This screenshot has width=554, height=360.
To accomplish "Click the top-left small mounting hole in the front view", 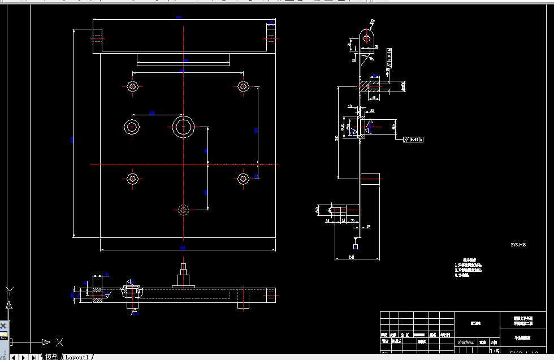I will pyautogui.click(x=132, y=86).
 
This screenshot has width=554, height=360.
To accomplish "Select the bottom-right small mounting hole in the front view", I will pyautogui.click(x=243, y=179).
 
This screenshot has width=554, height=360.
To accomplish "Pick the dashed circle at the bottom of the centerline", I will pyautogui.click(x=183, y=210).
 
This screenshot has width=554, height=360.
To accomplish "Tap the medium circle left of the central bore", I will pyautogui.click(x=132, y=127).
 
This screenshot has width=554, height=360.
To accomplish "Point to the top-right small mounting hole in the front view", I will pyautogui.click(x=243, y=86).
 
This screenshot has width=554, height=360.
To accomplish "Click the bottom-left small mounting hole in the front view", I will pyautogui.click(x=132, y=179).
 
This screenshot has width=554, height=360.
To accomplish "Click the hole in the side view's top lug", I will pyautogui.click(x=366, y=38).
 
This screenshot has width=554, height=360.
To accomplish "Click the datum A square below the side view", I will pyautogui.click(x=356, y=246).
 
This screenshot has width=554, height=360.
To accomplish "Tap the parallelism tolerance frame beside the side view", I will pyautogui.click(x=413, y=139).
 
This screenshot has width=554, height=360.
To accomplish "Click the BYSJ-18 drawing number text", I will pyautogui.click(x=518, y=245).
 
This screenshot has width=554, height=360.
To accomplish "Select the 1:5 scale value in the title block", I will pyautogui.click(x=494, y=351).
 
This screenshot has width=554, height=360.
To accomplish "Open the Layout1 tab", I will pyautogui.click(x=77, y=357).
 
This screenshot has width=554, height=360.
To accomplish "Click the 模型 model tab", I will pyautogui.click(x=51, y=357).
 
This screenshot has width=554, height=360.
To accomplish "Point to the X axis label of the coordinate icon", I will pyautogui.click(x=59, y=342).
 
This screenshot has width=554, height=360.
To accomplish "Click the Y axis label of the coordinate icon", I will pyautogui.click(x=9, y=291).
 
